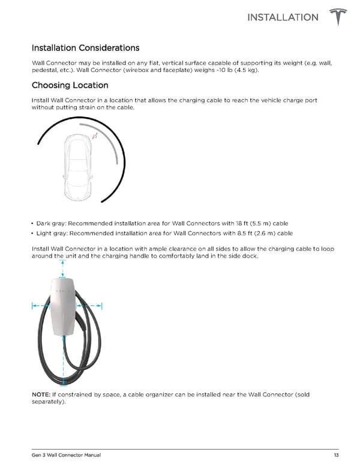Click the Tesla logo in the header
click(x=339, y=17)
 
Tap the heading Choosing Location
click(x=70, y=85)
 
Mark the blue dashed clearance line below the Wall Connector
click(x=63, y=360)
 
